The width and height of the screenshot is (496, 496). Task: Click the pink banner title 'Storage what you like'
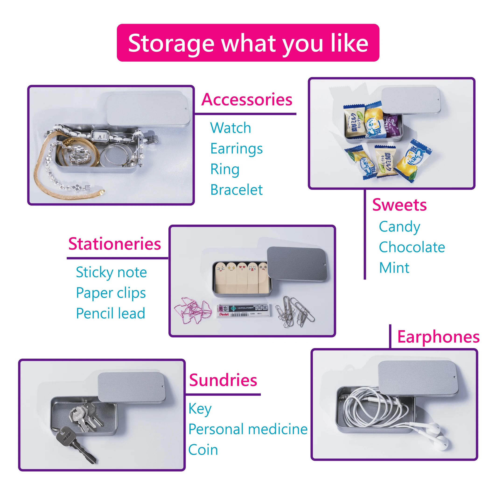(x=248, y=43)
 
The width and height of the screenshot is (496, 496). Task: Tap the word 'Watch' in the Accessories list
(x=230, y=128)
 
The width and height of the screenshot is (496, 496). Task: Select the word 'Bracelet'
(x=236, y=190)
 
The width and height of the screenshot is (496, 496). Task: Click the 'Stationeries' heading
(x=115, y=244)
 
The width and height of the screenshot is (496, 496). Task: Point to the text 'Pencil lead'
(x=111, y=313)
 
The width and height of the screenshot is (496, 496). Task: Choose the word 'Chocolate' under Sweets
(x=412, y=247)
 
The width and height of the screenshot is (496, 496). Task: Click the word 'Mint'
(x=394, y=268)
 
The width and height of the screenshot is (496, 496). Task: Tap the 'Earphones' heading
(x=438, y=337)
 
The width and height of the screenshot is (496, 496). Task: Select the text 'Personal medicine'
(x=248, y=429)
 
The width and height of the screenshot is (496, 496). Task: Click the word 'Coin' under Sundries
(x=203, y=450)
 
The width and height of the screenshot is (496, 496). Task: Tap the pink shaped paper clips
(x=192, y=311)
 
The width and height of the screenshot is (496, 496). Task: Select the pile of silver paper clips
(x=294, y=312)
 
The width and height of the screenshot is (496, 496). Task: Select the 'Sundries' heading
(x=223, y=380)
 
